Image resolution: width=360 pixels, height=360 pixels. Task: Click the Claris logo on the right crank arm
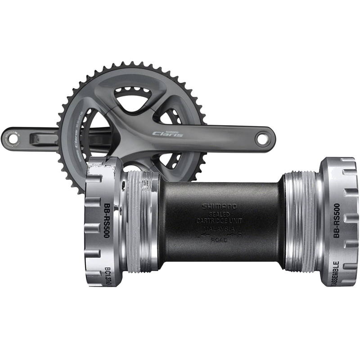[x=168, y=133]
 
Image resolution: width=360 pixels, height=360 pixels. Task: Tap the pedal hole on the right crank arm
[x=262, y=139]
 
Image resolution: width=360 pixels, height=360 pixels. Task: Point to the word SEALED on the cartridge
[x=219, y=214]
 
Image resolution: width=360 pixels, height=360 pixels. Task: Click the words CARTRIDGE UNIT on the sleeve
[x=219, y=221]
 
